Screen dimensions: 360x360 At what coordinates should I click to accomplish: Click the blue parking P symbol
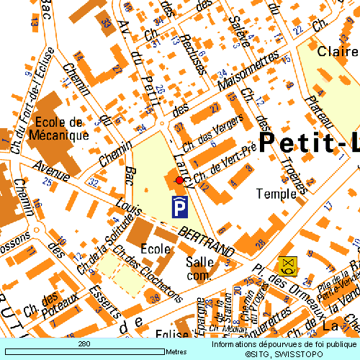coord(180,207)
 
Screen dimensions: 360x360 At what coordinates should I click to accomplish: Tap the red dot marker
coord(179,180)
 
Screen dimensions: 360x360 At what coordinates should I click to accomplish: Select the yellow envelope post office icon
coord(289,266)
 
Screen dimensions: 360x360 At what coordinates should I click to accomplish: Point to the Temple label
coord(276,194)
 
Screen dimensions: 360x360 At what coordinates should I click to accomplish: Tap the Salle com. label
coord(199,268)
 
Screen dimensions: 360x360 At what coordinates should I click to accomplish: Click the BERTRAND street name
coord(207,243)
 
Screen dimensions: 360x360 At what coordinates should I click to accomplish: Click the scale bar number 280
coord(84,345)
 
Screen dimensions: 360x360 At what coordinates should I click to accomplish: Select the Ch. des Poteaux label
coord(50,305)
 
